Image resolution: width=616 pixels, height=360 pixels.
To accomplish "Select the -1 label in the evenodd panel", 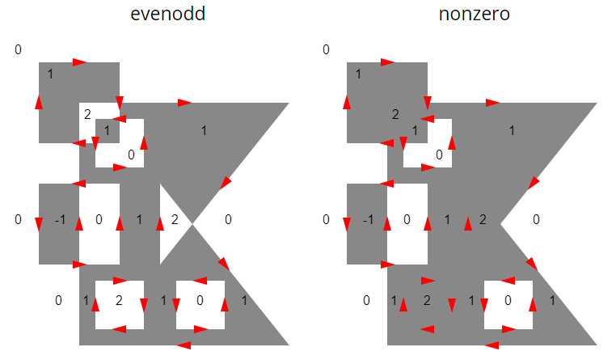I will coord(60,219).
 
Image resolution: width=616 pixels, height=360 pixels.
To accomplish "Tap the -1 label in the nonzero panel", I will coord(368,219).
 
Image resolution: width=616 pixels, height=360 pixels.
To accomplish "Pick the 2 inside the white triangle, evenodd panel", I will coord(175,219).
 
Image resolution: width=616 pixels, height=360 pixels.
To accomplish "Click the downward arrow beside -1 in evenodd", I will coord(39,224).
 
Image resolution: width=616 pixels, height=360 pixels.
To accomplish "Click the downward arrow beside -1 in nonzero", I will coord(347,224).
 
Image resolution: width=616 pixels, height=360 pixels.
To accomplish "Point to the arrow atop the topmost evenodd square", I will coord(79,62).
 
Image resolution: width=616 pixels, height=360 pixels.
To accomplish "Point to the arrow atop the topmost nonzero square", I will coord(387,62).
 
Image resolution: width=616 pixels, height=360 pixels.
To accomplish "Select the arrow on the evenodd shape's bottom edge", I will coord(184,345).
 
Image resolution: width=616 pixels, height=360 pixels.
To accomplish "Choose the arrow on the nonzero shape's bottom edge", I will coord(492,345).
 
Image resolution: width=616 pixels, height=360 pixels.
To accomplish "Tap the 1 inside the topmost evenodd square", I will coord(50,74).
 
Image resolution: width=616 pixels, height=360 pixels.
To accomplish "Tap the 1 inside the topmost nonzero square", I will coord(358,74).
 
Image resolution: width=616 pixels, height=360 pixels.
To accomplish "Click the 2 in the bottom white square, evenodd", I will coord(119,301).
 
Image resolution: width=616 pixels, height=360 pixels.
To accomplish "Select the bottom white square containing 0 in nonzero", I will coord(508,305).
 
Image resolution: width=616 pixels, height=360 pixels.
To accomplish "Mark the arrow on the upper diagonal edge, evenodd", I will coord(226,182).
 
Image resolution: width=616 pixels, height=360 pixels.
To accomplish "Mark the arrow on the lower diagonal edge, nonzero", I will coord(532,264).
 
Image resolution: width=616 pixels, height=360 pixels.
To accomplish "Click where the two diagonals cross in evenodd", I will coord(192,224).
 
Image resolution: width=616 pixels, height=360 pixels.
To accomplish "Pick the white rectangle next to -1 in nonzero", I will coord(407,224).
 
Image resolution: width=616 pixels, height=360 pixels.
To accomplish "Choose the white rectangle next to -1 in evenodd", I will coord(99,224).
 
